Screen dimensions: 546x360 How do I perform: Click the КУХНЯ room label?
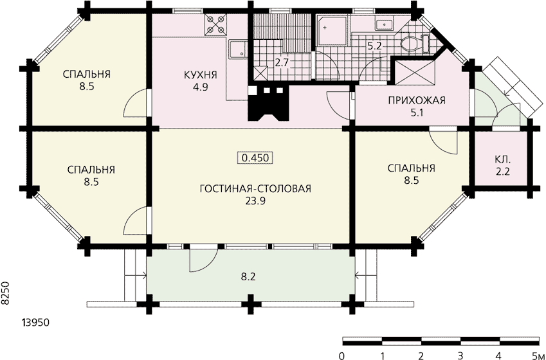click(200, 75)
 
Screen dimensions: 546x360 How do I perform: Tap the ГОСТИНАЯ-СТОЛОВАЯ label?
click(255, 189)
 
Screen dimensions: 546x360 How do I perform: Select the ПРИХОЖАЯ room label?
click(417, 101)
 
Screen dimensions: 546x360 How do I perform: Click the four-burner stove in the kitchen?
click(215, 24)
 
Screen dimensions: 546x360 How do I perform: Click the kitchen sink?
click(237, 49)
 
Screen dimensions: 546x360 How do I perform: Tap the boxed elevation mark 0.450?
click(255, 158)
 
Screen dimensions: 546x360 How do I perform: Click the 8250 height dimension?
click(5, 294)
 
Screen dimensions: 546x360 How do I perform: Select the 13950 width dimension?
click(35, 323)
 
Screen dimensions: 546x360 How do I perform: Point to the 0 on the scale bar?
click(342, 355)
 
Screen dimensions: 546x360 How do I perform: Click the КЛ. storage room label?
click(502, 160)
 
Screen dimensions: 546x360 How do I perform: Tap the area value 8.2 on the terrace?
click(248, 277)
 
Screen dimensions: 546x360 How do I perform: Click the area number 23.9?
click(255, 201)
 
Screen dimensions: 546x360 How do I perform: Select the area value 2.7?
click(282, 63)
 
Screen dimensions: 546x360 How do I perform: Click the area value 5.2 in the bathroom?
click(375, 46)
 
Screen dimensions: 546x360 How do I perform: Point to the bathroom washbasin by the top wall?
click(384, 24)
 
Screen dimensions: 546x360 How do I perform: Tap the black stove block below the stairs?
click(268, 103)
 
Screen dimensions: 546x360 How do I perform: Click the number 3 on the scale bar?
click(460, 355)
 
